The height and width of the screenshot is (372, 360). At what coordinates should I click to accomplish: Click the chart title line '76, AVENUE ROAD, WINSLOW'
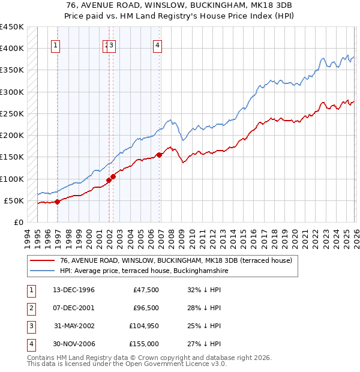(x=179, y=4)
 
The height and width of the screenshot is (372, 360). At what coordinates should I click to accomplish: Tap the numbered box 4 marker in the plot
(x=157, y=44)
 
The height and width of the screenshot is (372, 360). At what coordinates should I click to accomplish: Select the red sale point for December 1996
(x=58, y=202)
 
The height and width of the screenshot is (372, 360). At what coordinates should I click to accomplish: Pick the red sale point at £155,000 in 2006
(x=159, y=155)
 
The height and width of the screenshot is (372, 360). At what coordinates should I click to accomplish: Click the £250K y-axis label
(x=12, y=113)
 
